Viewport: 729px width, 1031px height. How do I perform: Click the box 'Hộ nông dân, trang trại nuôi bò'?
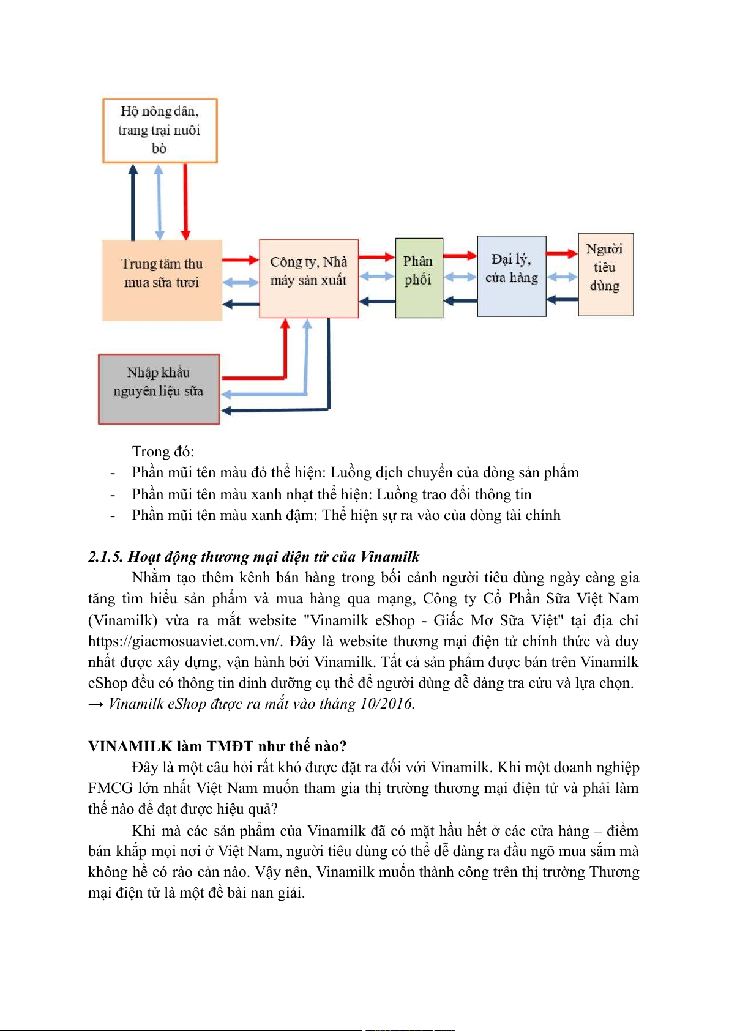pyautogui.click(x=160, y=130)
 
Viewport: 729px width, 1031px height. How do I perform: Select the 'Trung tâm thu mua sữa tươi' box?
pyautogui.click(x=162, y=280)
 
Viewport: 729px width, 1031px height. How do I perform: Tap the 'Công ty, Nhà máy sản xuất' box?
pyautogui.click(x=308, y=278)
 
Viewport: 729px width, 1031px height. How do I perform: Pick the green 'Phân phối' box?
pyautogui.click(x=419, y=278)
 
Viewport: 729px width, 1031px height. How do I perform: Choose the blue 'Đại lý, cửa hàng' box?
pyautogui.click(x=511, y=276)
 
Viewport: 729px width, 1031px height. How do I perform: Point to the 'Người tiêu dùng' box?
pyautogui.click(x=605, y=274)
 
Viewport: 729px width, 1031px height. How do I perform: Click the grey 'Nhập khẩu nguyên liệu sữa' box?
pyautogui.click(x=159, y=389)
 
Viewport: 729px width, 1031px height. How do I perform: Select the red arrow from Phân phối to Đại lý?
pyautogui.click(x=460, y=256)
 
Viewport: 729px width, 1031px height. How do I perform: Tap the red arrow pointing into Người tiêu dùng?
pyautogui.click(x=562, y=253)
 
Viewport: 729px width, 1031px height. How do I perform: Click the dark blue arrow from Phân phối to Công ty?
pyautogui.click(x=377, y=301)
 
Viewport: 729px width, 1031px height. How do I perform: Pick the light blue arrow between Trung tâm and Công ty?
pyautogui.click(x=241, y=282)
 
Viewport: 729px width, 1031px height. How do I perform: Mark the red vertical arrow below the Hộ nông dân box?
pyautogui.click(x=185, y=202)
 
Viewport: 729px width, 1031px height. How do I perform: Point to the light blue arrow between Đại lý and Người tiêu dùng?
pyautogui.click(x=562, y=277)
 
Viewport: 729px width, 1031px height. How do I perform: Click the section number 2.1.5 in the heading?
pyautogui.click(x=106, y=557)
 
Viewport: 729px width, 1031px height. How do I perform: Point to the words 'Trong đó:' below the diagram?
pyautogui.click(x=163, y=452)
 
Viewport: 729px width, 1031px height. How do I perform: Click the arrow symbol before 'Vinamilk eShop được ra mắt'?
pyautogui.click(x=95, y=704)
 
